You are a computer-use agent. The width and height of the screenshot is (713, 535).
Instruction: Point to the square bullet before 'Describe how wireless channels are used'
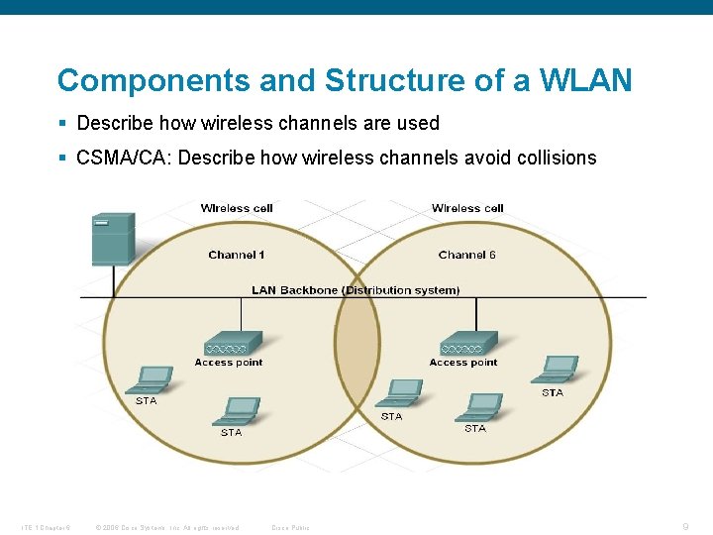[x=62, y=124]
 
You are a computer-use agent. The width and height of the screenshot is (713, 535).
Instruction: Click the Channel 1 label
[x=237, y=255]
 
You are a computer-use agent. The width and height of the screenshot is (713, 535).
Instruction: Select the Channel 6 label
[x=466, y=255]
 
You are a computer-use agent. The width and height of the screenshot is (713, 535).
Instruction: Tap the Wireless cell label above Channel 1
[x=237, y=208]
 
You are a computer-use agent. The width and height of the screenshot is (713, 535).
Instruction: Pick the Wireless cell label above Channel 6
[x=467, y=208]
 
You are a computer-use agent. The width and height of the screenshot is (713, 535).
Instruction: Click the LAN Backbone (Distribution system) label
[x=356, y=290]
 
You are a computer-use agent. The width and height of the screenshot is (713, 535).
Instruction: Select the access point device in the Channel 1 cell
[x=233, y=344]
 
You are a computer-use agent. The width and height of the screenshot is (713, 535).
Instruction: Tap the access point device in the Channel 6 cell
[x=467, y=344]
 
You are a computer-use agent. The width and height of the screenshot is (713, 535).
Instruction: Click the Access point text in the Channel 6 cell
[x=462, y=363]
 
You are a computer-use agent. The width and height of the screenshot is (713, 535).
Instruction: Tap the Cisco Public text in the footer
[x=290, y=527]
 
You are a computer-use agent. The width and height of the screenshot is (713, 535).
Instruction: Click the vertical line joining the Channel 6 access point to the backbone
[x=476, y=314]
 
